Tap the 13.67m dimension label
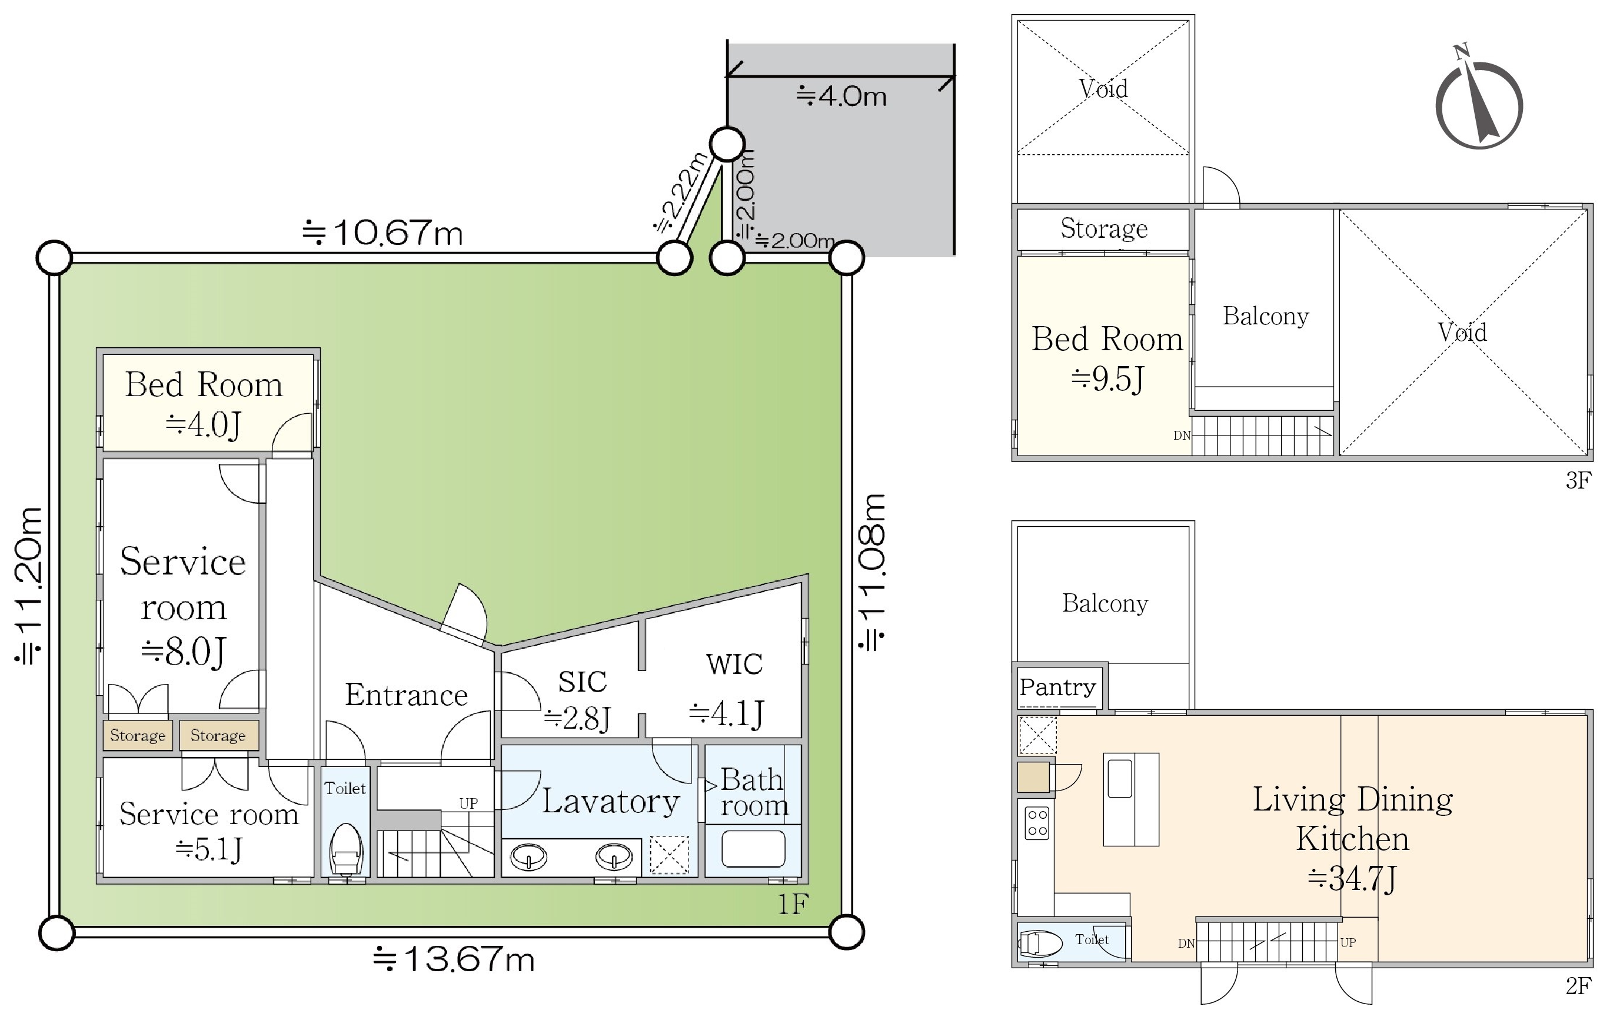(454, 959)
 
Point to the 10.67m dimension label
(382, 233)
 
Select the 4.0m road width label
(841, 97)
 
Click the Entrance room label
(406, 695)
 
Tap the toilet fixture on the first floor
(345, 849)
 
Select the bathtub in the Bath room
(753, 849)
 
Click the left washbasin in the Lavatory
(529, 856)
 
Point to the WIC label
(734, 664)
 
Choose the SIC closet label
(583, 682)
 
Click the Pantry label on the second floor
(1057, 687)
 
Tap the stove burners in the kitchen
(1037, 823)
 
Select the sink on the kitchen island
(1120, 776)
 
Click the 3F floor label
(1578, 480)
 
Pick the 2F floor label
(1578, 987)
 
